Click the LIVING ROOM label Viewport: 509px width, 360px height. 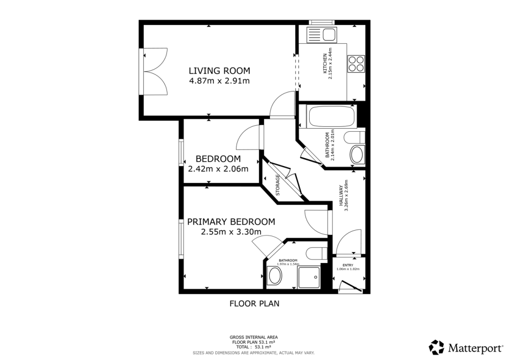coord(219,70)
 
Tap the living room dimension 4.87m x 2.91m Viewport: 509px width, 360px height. coord(219,81)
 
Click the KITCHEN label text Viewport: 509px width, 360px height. coord(326,64)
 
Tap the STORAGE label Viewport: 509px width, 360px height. coord(278,185)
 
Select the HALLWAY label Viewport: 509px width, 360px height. coord(341,195)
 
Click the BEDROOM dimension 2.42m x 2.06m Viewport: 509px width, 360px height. coord(218,169)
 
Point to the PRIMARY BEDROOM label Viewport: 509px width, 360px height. coord(231,222)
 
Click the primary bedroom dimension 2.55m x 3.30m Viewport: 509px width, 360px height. coord(231,232)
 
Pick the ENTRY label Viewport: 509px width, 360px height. coord(347,265)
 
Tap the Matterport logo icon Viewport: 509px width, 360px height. coord(437,347)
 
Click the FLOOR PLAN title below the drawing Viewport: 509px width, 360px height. coord(251,303)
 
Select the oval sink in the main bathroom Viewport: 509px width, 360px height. coord(356,154)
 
